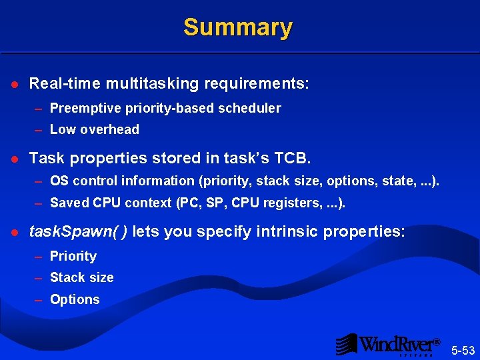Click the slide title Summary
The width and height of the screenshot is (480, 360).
[238, 27]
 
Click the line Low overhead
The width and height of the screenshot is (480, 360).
[94, 129]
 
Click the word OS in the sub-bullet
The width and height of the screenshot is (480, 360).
[59, 181]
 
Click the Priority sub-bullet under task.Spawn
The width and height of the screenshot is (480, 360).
[73, 256]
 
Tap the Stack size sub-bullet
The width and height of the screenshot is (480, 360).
[81, 277]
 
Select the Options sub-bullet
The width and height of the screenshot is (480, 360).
[75, 299]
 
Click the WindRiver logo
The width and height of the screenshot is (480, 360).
[387, 344]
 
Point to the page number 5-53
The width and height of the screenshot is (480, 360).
[463, 350]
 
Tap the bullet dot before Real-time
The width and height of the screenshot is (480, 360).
[15, 85]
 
